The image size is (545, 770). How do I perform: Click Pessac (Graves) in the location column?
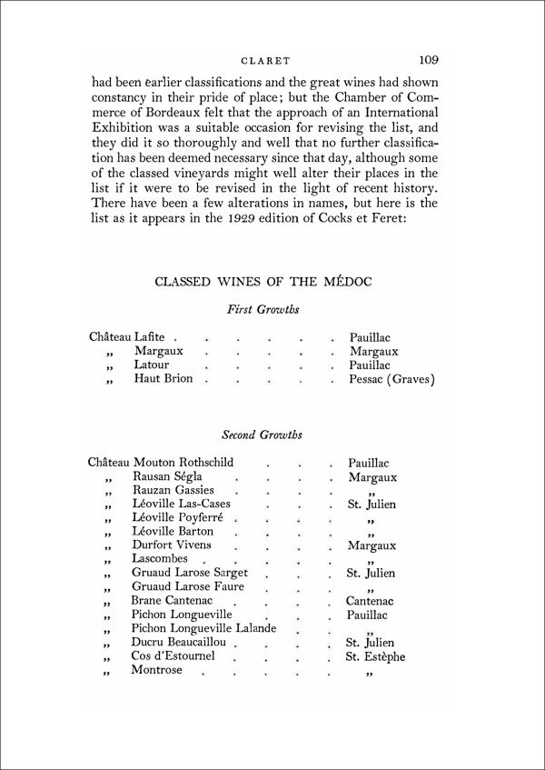click(391, 378)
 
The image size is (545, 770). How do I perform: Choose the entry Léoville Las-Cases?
click(182, 504)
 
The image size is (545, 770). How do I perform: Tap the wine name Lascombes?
click(160, 557)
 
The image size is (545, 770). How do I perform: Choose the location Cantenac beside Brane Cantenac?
click(372, 601)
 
